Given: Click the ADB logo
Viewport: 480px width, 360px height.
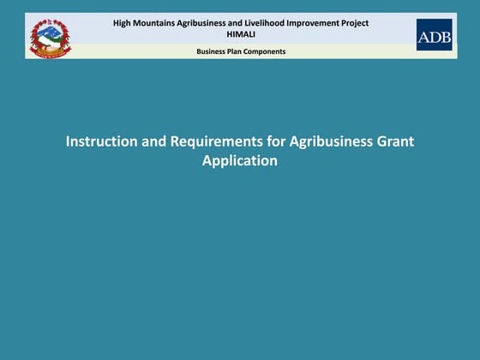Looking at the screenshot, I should [x=434, y=35].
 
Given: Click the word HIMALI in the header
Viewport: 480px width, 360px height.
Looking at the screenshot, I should [x=240, y=34].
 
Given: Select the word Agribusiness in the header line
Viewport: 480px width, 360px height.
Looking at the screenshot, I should [x=199, y=23].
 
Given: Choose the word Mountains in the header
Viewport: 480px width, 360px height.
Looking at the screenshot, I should [x=152, y=23].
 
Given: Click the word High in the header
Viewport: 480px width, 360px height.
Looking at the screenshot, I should [x=121, y=23].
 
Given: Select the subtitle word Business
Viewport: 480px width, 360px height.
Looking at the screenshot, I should [x=213, y=51].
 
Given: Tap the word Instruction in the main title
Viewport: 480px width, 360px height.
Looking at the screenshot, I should [x=100, y=141].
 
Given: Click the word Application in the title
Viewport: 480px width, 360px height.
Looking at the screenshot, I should [x=240, y=160].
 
